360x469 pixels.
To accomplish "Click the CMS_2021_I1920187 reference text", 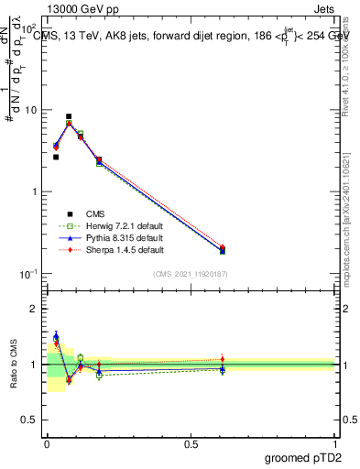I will (x=191, y=274).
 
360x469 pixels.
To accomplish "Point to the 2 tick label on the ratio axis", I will (x=36, y=309).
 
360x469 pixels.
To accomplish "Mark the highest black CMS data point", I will (x=69, y=116).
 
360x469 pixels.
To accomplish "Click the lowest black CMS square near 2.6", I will (x=56, y=157).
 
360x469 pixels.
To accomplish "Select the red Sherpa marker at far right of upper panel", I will (x=223, y=247).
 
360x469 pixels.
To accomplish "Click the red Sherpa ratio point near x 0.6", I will (x=223, y=359).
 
